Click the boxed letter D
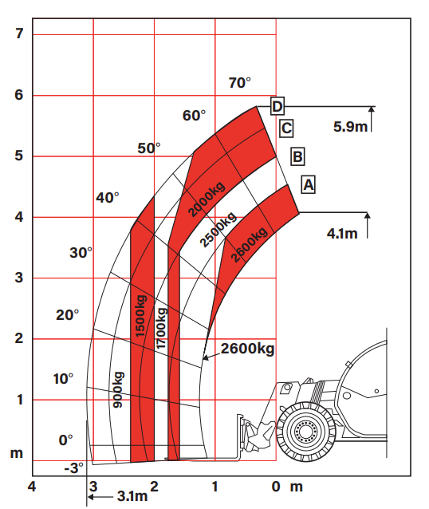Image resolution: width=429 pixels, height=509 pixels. coord(277,106)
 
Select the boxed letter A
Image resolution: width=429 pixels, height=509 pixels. coord(309,185)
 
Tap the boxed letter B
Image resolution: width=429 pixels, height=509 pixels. coord(297,156)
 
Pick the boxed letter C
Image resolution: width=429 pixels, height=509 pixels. coord(286,128)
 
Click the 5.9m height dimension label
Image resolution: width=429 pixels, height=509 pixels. coord(350,126)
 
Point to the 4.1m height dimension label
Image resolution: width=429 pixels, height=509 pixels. coord(342,233)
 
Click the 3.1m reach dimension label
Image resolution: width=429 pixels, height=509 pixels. coord(132,496)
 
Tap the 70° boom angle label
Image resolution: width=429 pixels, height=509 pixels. coord(240,83)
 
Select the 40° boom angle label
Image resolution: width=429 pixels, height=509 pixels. coord(108,197)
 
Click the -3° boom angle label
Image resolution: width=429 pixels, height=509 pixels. coord(73,468)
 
